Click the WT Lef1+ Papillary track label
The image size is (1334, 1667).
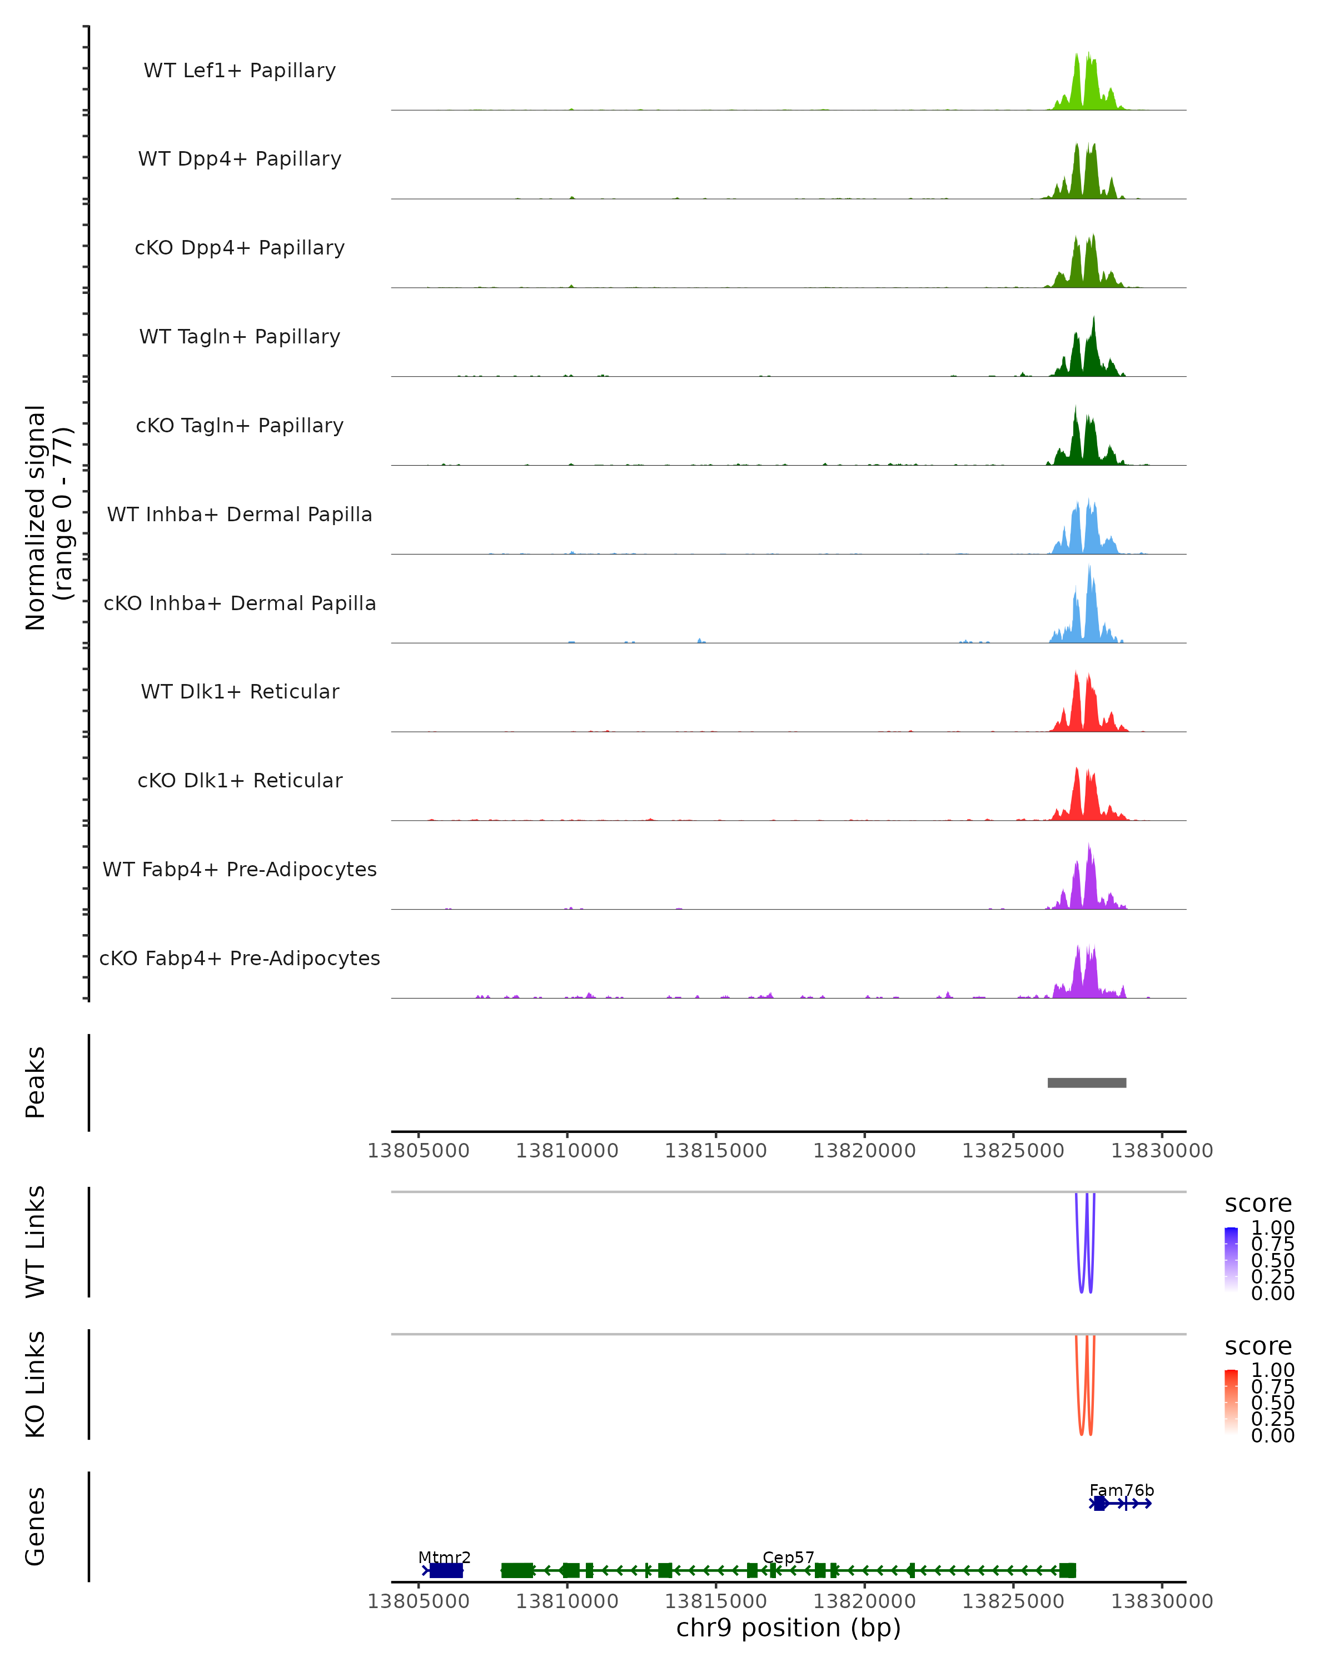coord(240,71)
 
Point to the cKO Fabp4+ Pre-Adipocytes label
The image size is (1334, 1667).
coord(240,958)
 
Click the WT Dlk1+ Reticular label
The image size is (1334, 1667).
coord(240,691)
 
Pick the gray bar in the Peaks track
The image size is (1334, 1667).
coord(1087,1082)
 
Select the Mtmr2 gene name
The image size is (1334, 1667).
coord(444,1557)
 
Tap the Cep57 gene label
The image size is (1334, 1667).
coord(788,1557)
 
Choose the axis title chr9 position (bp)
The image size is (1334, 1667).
coord(788,1628)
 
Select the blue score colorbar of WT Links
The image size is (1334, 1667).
coord(1231,1260)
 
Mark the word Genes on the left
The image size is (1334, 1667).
coord(35,1526)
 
